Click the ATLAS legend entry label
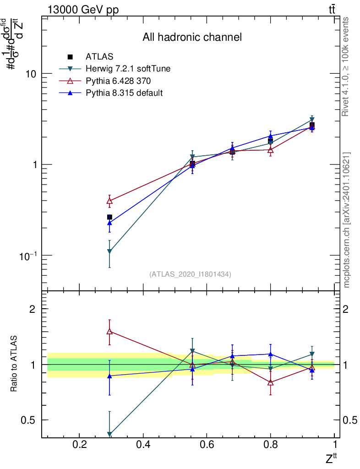[x=99, y=57]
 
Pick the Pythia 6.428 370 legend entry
[x=118, y=81]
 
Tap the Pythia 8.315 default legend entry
[x=124, y=93]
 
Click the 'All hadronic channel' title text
[x=191, y=37]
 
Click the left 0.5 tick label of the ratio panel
[x=29, y=420]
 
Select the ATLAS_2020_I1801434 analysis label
[x=190, y=274]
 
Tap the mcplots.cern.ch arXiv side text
[x=347, y=220]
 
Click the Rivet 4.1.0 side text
[x=347, y=66]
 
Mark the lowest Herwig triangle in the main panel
[x=109, y=251]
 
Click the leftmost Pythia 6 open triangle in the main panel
[x=109, y=201]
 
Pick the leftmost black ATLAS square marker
[x=109, y=217]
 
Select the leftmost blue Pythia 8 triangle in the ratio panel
[x=109, y=376]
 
